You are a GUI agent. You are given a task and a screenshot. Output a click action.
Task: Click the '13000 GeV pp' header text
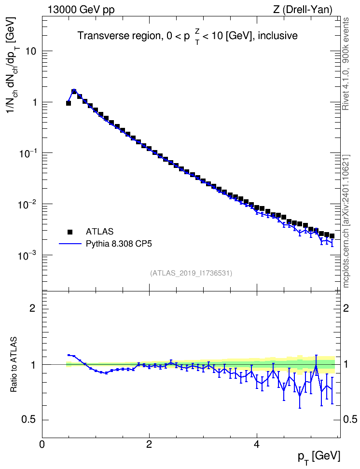click(x=81, y=10)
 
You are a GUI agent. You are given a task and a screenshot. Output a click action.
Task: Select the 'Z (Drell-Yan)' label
click(x=303, y=10)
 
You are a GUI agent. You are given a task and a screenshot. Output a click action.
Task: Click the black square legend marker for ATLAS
click(x=70, y=232)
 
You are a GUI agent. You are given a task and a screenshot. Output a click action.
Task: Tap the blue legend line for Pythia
click(x=70, y=244)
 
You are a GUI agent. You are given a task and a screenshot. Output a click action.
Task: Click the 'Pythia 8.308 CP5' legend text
click(x=119, y=244)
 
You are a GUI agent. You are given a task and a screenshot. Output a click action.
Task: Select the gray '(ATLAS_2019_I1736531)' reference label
click(x=191, y=273)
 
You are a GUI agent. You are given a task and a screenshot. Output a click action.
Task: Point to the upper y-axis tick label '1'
click(x=34, y=102)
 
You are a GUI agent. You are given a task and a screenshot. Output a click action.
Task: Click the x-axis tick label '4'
click(x=256, y=444)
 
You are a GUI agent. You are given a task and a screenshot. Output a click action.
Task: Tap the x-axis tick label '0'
click(x=42, y=444)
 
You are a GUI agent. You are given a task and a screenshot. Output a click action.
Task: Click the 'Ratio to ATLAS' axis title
click(x=14, y=365)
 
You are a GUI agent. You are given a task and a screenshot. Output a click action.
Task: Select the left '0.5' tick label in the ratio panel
click(x=29, y=420)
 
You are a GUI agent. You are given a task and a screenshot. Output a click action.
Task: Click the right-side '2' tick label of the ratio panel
click(x=346, y=308)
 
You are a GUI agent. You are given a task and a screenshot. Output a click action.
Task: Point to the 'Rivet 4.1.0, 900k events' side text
click(x=346, y=64)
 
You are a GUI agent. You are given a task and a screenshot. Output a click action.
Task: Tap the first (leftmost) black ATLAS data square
click(x=68, y=103)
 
